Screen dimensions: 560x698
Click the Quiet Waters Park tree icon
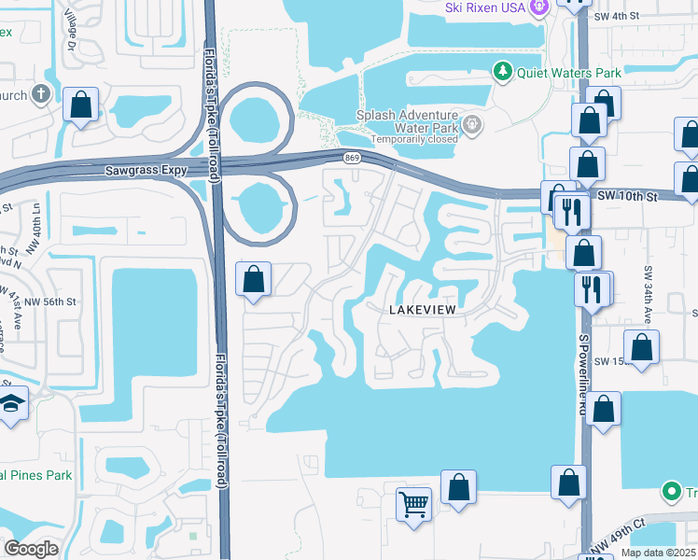tap(503, 72)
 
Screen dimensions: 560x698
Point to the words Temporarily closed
tap(414, 139)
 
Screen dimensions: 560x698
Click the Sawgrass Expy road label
tap(147, 171)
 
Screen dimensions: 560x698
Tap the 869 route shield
tap(351, 159)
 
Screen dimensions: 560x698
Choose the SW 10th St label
tap(626, 196)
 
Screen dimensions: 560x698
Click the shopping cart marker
tap(413, 505)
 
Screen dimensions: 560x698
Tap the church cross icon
tap(40, 94)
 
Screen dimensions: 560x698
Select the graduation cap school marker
tap(11, 403)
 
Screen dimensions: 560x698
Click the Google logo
tap(31, 549)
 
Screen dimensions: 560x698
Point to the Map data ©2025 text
tap(657, 553)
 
